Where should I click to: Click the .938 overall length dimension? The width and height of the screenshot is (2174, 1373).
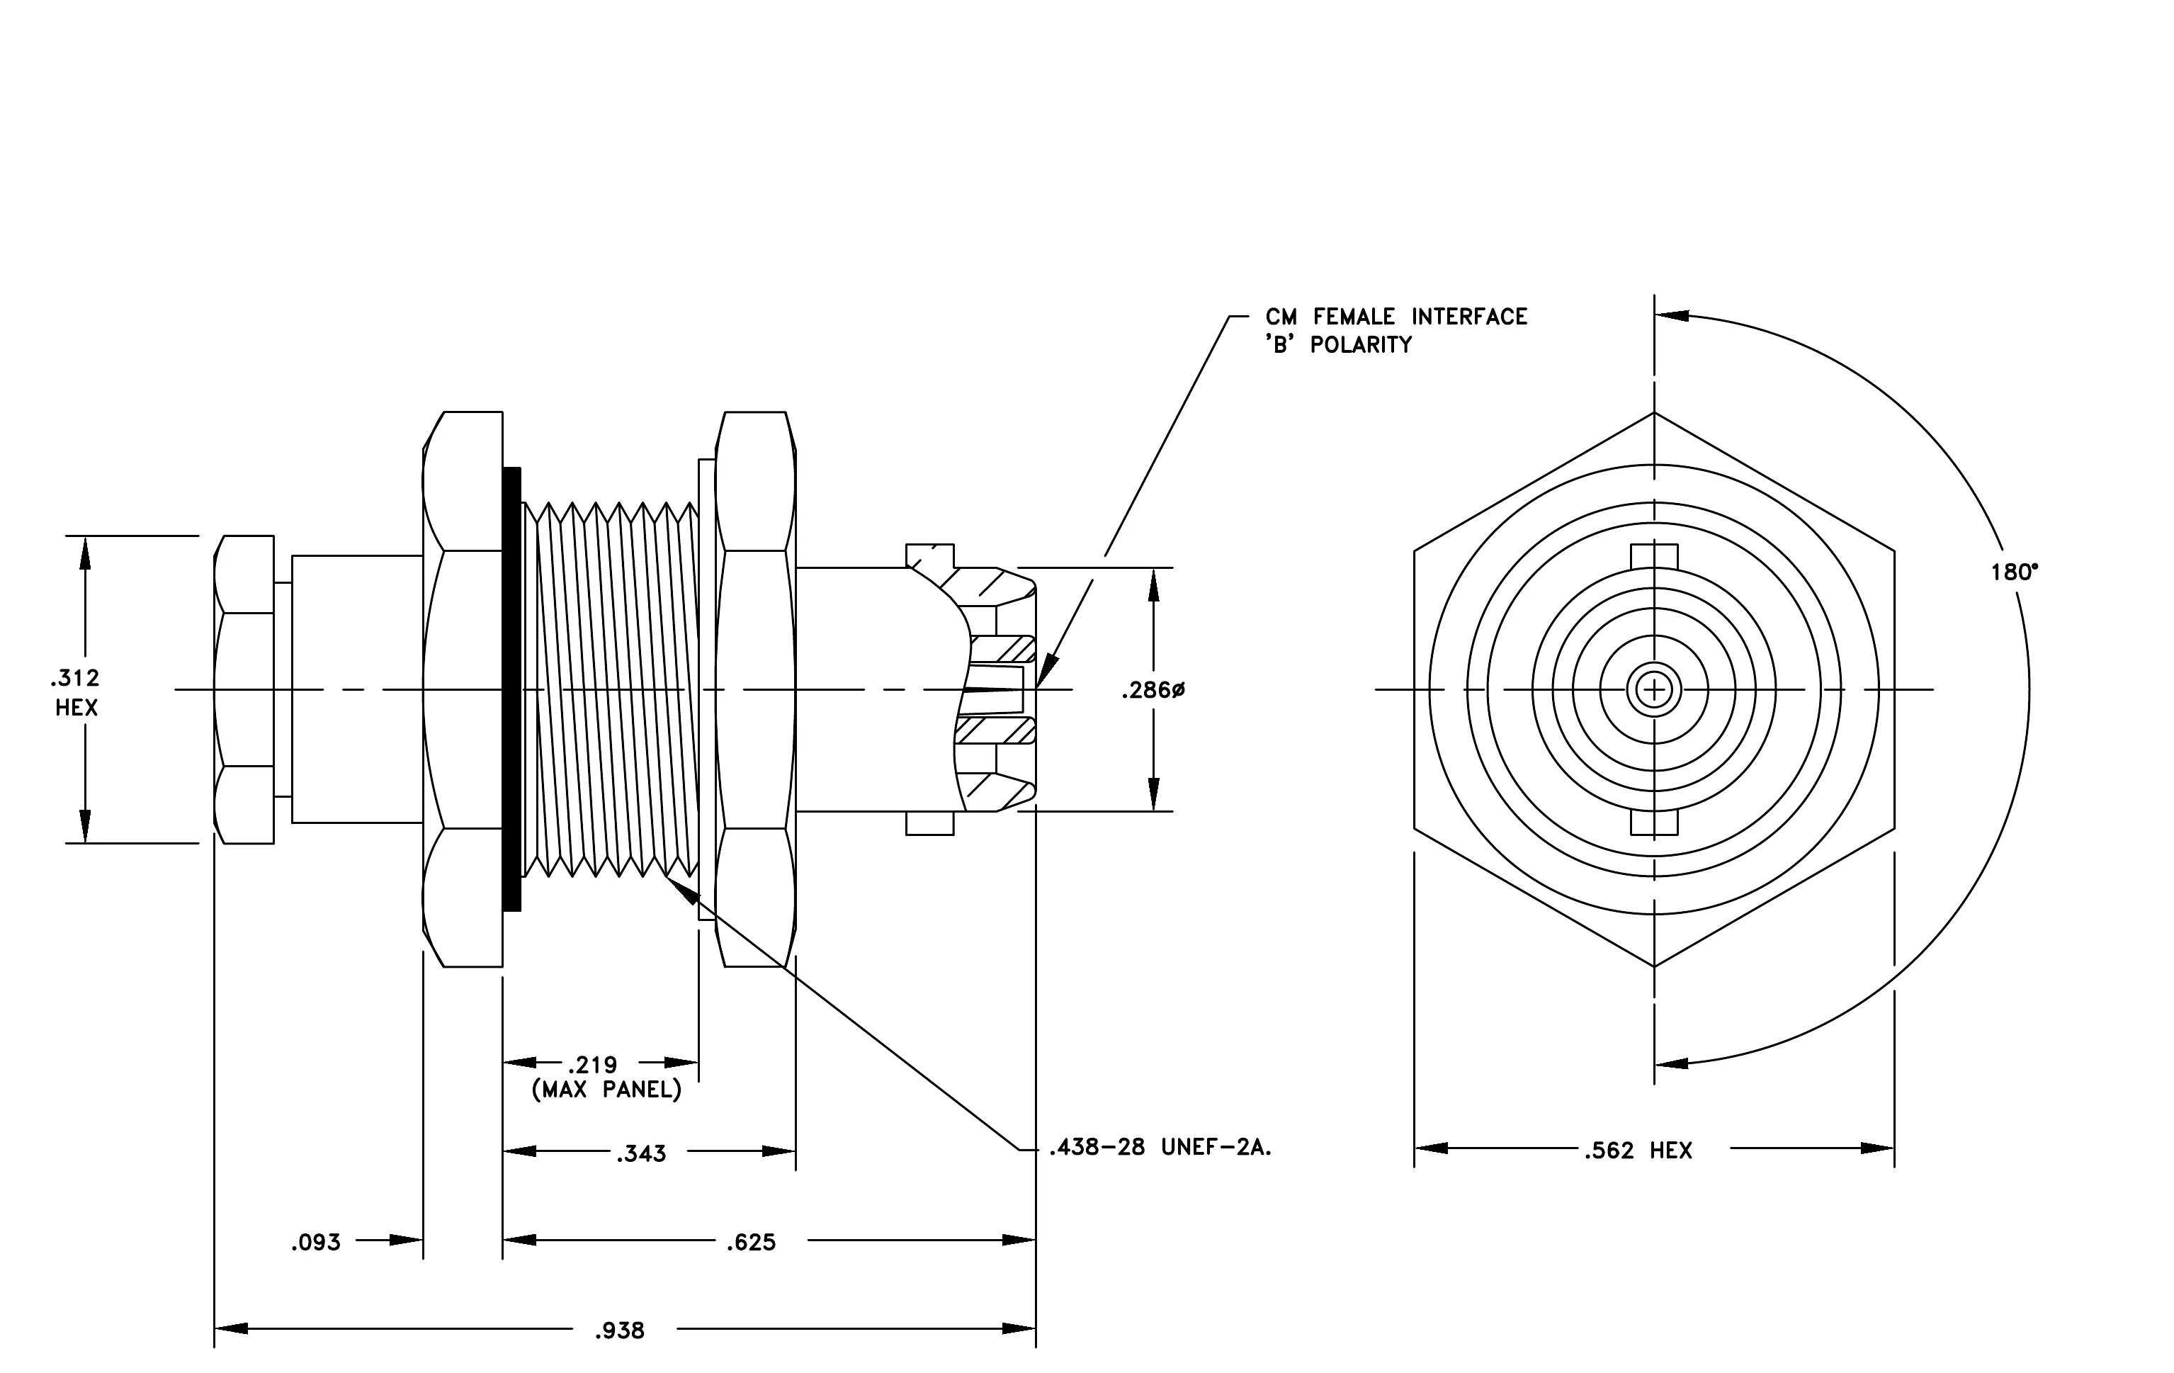click(619, 1330)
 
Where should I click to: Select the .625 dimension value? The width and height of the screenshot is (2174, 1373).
click(751, 1242)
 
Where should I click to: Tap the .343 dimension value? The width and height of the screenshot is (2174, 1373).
click(641, 1153)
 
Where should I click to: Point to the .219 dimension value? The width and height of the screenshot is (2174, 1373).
click(592, 1066)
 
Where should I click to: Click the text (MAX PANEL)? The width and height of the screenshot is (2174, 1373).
click(606, 1090)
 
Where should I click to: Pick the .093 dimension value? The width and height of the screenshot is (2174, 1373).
click(316, 1242)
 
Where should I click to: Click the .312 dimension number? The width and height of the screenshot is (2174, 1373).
click(76, 677)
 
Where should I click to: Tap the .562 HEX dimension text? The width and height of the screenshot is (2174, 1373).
click(1638, 1150)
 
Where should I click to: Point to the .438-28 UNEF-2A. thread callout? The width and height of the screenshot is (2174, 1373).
click(1160, 1147)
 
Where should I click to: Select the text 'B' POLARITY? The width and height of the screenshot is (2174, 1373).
click(1338, 344)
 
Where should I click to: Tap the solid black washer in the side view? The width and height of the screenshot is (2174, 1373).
click(512, 689)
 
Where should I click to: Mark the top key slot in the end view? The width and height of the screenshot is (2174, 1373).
click(1654, 557)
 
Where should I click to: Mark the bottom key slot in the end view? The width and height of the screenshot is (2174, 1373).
click(1654, 823)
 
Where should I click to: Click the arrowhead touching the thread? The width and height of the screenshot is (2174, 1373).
click(684, 890)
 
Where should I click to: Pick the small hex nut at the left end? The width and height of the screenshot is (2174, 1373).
click(244, 689)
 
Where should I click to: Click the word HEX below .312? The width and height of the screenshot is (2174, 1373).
click(76, 707)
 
